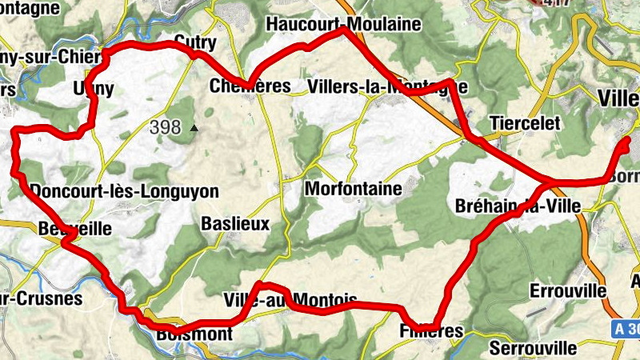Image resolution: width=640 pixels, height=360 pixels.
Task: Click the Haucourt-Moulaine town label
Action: click(x=343, y=24)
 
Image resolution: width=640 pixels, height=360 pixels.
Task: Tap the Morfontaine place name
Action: click(x=353, y=190)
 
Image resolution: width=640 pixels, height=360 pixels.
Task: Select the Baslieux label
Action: click(x=235, y=223)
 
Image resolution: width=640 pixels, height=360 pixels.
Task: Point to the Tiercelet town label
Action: click(x=525, y=123)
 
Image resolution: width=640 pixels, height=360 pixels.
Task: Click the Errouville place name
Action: click(x=568, y=290)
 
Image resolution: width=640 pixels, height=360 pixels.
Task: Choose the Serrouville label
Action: click(x=533, y=349)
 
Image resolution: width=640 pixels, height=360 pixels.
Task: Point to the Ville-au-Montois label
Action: click(x=291, y=301)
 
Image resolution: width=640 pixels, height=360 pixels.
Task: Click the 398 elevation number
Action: click(x=165, y=126)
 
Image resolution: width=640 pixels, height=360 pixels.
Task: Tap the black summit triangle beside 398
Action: click(x=193, y=127)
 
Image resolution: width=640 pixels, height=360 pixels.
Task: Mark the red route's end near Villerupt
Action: click(x=626, y=142)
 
